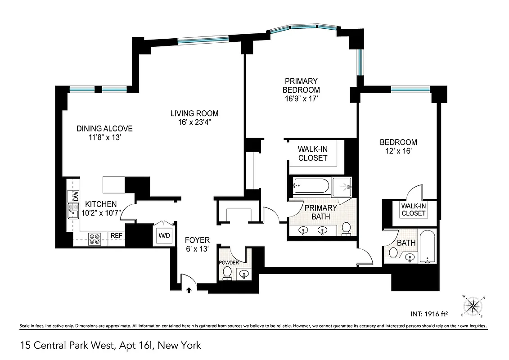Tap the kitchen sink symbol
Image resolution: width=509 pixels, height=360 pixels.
point(72,211)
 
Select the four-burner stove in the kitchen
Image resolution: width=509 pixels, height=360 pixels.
point(95,238)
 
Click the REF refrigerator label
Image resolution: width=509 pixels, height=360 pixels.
point(117,235)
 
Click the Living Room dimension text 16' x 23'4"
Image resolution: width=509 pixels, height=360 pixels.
point(194,122)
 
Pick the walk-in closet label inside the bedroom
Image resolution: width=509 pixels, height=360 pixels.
point(413,210)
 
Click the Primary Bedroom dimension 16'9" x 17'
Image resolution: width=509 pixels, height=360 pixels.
point(301,99)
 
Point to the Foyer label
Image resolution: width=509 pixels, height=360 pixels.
point(197,240)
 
